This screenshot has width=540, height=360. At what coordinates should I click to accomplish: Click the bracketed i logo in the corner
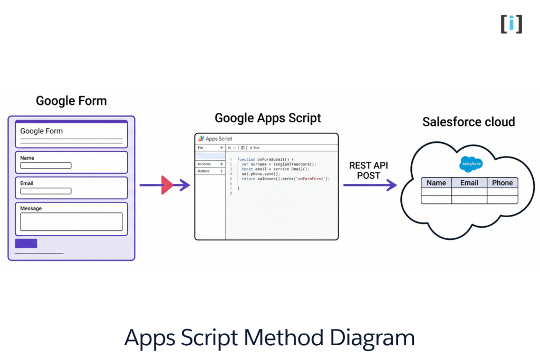coord(511,24)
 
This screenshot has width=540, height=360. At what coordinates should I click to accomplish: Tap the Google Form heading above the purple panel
coord(71,101)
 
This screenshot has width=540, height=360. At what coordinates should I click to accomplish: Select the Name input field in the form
coord(46,166)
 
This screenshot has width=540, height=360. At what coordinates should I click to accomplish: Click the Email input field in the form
coord(46,191)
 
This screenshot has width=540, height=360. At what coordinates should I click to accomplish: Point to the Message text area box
coord(71,222)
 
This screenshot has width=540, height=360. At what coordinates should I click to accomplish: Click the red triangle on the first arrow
coord(167,185)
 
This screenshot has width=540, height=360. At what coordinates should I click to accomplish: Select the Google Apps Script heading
coord(267,118)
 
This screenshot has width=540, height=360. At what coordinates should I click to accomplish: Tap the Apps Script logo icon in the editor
coord(201,139)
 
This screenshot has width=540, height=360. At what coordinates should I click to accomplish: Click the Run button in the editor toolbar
coord(254,148)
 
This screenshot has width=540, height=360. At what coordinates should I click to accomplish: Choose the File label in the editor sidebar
coord(201,148)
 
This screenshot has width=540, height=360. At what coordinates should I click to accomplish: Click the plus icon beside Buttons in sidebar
coord(221,171)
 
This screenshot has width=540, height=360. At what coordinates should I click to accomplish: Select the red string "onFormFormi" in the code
coord(312,179)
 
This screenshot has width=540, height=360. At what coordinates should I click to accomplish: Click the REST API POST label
coord(369,170)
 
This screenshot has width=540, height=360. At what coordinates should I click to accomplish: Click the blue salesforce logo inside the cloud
coord(470,164)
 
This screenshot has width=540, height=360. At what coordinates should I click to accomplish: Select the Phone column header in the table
coord(502,183)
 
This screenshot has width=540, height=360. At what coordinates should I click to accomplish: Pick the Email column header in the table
coord(469,183)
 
